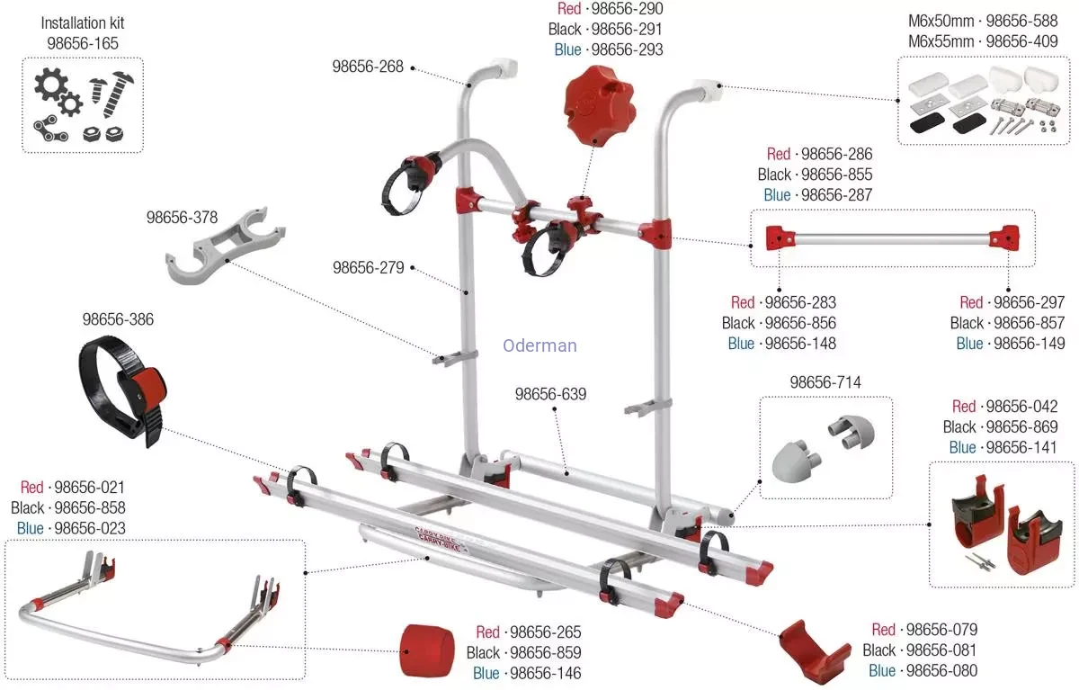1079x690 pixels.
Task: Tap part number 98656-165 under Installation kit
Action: click(x=83, y=42)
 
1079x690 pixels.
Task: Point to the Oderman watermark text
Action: click(x=539, y=345)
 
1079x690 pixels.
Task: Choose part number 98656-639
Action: click(x=550, y=394)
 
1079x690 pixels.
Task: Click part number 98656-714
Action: click(x=825, y=382)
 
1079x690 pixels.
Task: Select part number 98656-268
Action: click(x=368, y=67)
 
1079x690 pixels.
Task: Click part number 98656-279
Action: click(x=368, y=267)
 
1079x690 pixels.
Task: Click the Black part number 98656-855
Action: click(x=836, y=175)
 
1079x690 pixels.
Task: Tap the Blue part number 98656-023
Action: click(x=90, y=528)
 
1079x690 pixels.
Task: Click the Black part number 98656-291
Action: click(x=627, y=29)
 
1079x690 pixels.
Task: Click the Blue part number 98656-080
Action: click(x=941, y=671)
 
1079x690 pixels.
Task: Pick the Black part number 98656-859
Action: click(x=545, y=652)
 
